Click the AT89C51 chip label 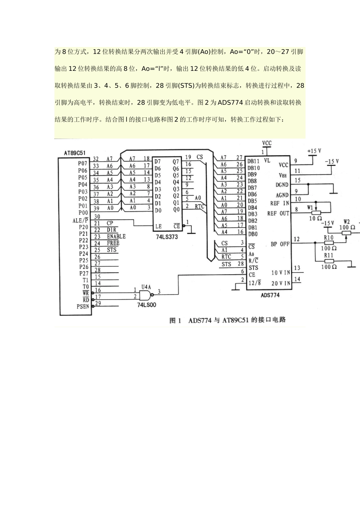click(x=75, y=153)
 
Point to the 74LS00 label click(x=147, y=304)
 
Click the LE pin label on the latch click(x=158, y=226)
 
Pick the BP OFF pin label click(x=280, y=244)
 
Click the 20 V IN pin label click(x=281, y=283)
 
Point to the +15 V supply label click(x=314, y=151)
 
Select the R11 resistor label click(x=329, y=255)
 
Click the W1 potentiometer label click(x=310, y=208)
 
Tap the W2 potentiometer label click(x=346, y=222)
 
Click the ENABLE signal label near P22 click(x=116, y=236)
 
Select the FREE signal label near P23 click(x=113, y=243)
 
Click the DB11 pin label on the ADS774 click(x=254, y=161)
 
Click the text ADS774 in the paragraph click(x=230, y=103)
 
